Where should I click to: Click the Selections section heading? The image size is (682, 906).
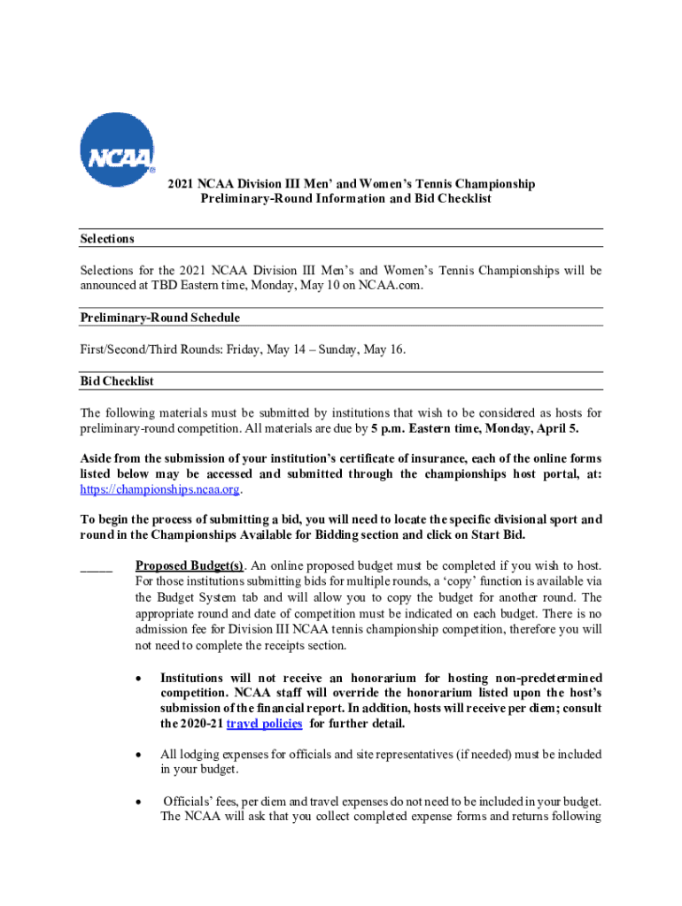[106, 239]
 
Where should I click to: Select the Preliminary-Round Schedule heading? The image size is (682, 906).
[159, 318]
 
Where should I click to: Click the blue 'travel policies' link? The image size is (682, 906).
[265, 724]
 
